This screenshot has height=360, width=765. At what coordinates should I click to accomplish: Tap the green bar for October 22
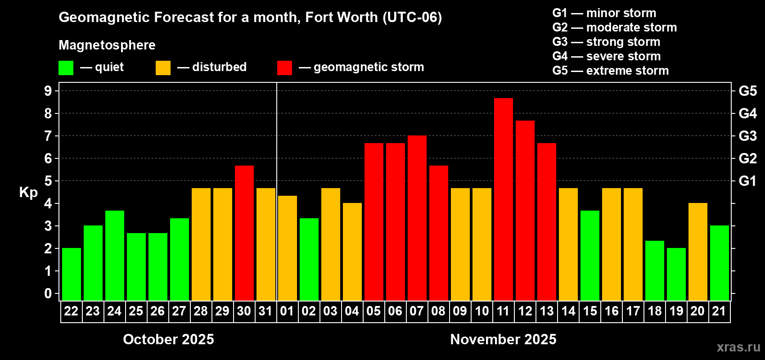[x=71, y=274]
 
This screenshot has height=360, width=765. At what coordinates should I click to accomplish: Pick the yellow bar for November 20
[x=697, y=252]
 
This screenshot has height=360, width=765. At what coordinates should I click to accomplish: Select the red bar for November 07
[x=417, y=218]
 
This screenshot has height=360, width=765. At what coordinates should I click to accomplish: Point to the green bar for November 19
[x=676, y=274]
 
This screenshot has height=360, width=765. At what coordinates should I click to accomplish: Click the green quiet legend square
[x=66, y=68]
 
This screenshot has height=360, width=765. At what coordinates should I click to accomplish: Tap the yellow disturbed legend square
[x=163, y=68]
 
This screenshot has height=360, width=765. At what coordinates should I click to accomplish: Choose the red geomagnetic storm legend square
[x=284, y=68]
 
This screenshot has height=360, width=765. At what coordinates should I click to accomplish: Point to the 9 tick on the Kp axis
[x=48, y=91]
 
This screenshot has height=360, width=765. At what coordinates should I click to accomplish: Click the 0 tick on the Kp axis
[x=48, y=294]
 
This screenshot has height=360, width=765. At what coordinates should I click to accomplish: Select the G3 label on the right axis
[x=747, y=136]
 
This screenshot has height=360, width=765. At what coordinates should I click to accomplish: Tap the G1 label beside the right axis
[x=747, y=181]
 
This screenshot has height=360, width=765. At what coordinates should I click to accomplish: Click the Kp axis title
[x=28, y=193]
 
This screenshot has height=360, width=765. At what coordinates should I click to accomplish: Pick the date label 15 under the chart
[x=589, y=311]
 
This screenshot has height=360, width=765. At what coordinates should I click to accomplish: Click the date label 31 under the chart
[x=265, y=311]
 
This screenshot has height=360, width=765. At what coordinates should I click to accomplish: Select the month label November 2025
[x=503, y=339]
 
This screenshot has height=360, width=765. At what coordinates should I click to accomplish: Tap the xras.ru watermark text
[x=738, y=347]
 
